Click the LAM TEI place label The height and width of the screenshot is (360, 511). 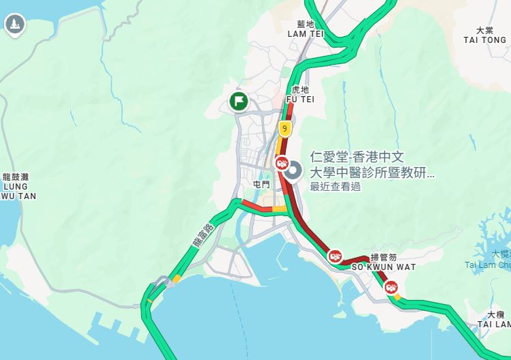click(x=305, y=33)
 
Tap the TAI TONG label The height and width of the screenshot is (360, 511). click(x=484, y=40)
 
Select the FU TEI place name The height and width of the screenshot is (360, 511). click(x=300, y=99)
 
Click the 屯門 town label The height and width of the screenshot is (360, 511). click(x=261, y=184)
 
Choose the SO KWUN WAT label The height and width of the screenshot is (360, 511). click(x=383, y=267)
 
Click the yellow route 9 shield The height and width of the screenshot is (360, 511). click(x=284, y=127)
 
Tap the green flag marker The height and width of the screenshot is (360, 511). click(x=238, y=102)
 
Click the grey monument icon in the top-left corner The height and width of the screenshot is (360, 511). click(x=14, y=25)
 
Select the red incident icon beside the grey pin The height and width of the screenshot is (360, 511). click(x=281, y=163)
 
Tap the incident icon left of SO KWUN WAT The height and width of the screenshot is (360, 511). click(x=335, y=256)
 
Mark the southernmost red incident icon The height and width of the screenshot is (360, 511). click(x=392, y=288)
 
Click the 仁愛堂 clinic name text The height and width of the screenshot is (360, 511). click(x=372, y=164)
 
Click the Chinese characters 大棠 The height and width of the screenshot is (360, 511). click(x=484, y=30)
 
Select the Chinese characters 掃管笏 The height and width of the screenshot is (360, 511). click(x=383, y=258)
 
